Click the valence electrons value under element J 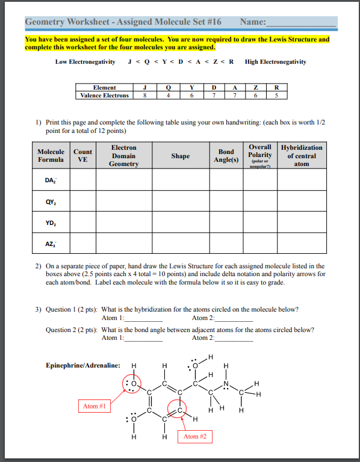click(x=144, y=96)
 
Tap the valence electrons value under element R click(x=276, y=96)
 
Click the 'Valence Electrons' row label click(x=105, y=96)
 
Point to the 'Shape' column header click(x=180, y=156)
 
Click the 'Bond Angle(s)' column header click(x=226, y=156)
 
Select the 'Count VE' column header click(x=83, y=156)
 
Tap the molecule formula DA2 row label click(x=52, y=180)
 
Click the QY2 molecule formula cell click(x=52, y=202)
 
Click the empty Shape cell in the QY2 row click(x=180, y=202)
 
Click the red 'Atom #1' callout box click(x=94, y=406)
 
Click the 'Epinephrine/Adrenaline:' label click(x=82, y=365)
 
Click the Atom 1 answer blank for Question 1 click(x=143, y=319)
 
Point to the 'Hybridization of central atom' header click(x=302, y=155)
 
